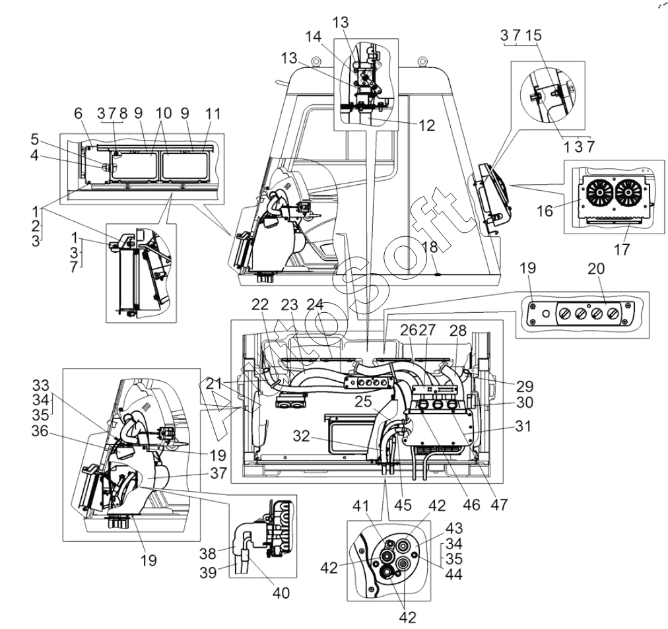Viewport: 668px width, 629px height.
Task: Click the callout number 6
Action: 78,114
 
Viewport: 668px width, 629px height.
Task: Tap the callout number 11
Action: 213,114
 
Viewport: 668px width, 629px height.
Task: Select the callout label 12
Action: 426,125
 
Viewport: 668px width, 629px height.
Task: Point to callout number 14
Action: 313,36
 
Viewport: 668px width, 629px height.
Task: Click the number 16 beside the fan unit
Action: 545,211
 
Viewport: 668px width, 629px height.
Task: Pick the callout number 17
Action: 622,249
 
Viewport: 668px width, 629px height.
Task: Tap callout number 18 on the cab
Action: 430,247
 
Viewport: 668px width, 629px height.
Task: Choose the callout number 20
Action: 596,269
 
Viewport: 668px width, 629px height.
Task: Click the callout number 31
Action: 523,426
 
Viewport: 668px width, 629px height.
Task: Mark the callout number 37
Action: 218,473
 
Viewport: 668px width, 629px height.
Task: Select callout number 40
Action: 281,593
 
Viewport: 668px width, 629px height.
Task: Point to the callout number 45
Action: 403,505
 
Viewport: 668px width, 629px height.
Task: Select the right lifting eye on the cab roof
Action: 422,62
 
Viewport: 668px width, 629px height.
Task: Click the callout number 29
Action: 524,386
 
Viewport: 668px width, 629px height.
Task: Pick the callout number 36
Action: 40,431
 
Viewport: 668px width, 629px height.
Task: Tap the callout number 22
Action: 260,304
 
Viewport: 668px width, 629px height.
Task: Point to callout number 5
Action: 34,139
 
